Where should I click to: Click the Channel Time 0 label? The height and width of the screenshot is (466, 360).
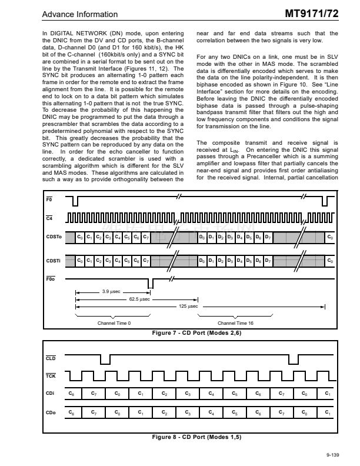(114, 323)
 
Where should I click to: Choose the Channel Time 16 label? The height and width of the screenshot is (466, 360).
(235, 323)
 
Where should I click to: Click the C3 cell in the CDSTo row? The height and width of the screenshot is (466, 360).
(108, 237)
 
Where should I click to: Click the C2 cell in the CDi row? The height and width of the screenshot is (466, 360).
(165, 393)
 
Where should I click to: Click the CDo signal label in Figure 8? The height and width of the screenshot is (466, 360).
(51, 413)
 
